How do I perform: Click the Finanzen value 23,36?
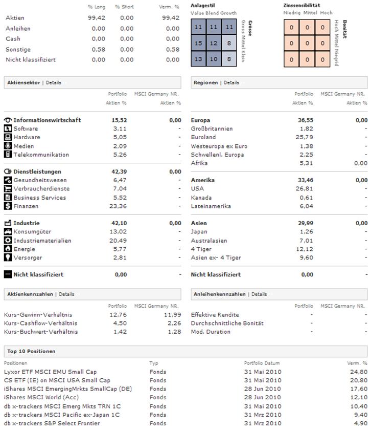[119, 206]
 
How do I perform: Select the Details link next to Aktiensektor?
[54, 82]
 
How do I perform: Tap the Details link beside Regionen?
[231, 82]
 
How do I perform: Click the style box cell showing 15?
[199, 43]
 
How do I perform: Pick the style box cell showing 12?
[215, 43]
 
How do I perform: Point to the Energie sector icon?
[8, 249]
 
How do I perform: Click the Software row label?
[26, 128]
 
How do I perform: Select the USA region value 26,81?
[306, 189]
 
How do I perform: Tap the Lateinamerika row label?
[211, 206]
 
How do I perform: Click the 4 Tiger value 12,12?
[306, 249]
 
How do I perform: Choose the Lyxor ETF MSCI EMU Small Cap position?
[50, 372]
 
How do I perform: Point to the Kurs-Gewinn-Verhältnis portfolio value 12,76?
[119, 315]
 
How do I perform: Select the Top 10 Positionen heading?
[31, 351]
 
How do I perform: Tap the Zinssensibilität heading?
[302, 5]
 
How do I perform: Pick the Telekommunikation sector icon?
[8, 155]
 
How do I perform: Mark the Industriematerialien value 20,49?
[119, 241]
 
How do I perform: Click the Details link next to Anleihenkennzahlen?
[259, 294]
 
